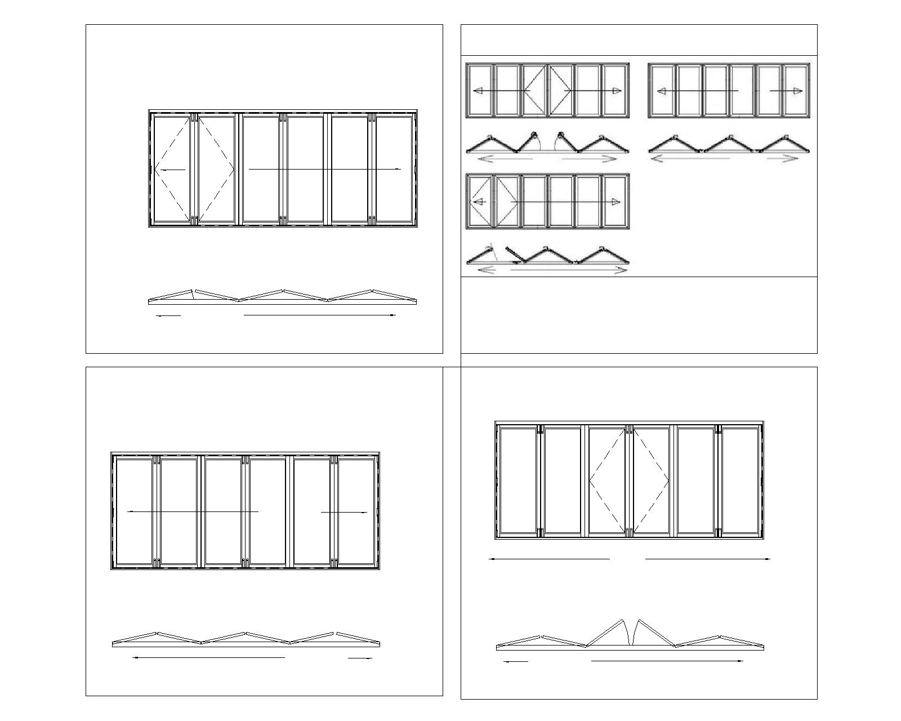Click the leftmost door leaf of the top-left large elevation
172,169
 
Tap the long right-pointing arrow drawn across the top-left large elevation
324,168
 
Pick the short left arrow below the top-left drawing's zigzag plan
168,316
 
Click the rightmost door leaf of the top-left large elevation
394,169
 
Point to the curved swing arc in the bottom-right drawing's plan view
630,633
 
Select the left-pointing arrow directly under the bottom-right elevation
549,559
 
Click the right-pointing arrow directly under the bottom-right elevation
707,559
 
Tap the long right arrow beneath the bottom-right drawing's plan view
667,661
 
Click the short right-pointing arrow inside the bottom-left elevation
344,512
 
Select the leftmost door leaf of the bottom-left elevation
134,511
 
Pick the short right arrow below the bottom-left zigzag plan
360,658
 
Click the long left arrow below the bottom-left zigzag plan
208,657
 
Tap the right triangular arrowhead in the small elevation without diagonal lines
797,91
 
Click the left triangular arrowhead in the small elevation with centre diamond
478,91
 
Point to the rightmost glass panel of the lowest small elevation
614,201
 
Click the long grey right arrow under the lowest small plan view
569,271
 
